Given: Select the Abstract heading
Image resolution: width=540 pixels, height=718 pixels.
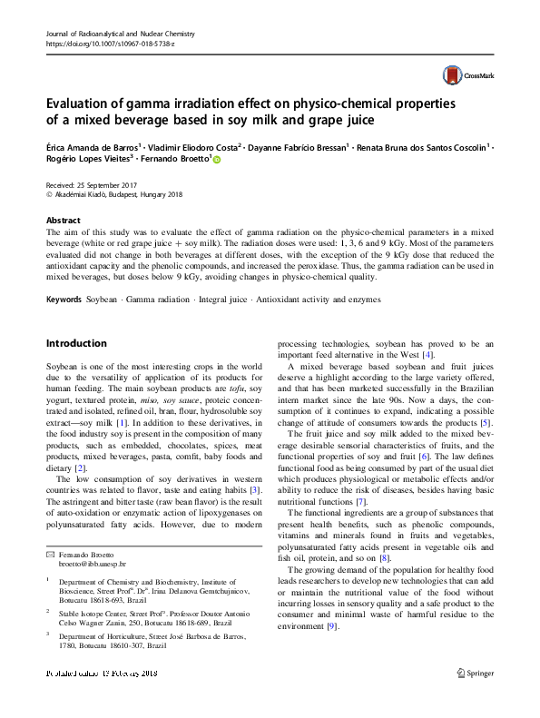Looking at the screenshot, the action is pos(63,221).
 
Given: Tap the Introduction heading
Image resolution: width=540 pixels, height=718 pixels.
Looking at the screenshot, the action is pos(76,343).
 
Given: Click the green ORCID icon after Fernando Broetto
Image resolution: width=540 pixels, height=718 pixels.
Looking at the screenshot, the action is pos(217,159).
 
